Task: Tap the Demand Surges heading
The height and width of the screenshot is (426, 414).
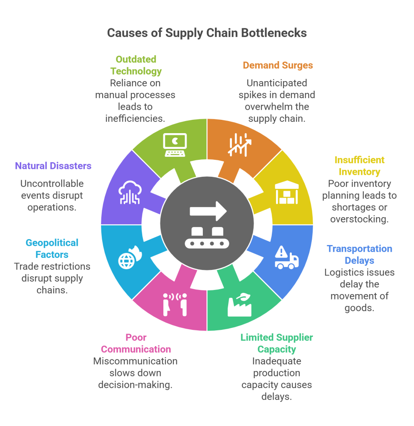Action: pos(278,65)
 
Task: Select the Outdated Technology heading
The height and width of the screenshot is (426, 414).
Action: pos(136,65)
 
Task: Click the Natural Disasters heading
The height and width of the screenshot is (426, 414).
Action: pos(53,166)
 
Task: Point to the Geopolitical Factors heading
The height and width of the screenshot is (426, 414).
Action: pos(52,248)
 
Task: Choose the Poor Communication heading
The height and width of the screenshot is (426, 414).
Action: pos(136,343)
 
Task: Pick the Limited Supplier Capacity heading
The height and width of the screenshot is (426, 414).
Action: pos(276,343)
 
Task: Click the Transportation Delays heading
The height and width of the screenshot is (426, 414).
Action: pos(360,255)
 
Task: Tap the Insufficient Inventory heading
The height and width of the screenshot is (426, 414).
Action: pos(360,166)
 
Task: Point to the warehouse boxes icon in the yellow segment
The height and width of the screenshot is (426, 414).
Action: pos(286,192)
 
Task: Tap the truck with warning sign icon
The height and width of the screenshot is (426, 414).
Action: pos(286,258)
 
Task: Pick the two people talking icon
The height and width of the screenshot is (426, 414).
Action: pos(175,305)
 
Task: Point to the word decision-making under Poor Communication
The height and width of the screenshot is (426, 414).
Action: pos(135,385)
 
